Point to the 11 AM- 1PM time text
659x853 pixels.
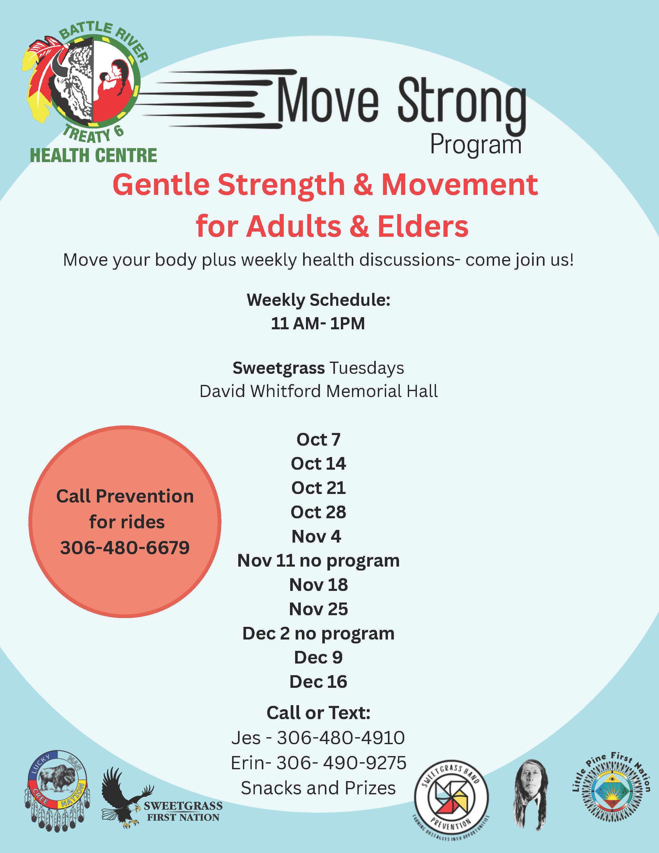[x=318, y=323]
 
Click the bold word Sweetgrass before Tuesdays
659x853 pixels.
[x=278, y=368]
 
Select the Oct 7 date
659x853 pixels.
[x=318, y=439]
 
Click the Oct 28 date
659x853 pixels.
[x=318, y=512]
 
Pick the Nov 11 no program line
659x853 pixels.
[x=318, y=560]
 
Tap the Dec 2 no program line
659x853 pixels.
[x=318, y=633]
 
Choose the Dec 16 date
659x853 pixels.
[x=318, y=682]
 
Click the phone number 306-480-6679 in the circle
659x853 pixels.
[x=125, y=547]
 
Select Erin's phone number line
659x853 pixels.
[x=318, y=763]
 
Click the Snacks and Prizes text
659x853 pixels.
[x=318, y=788]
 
